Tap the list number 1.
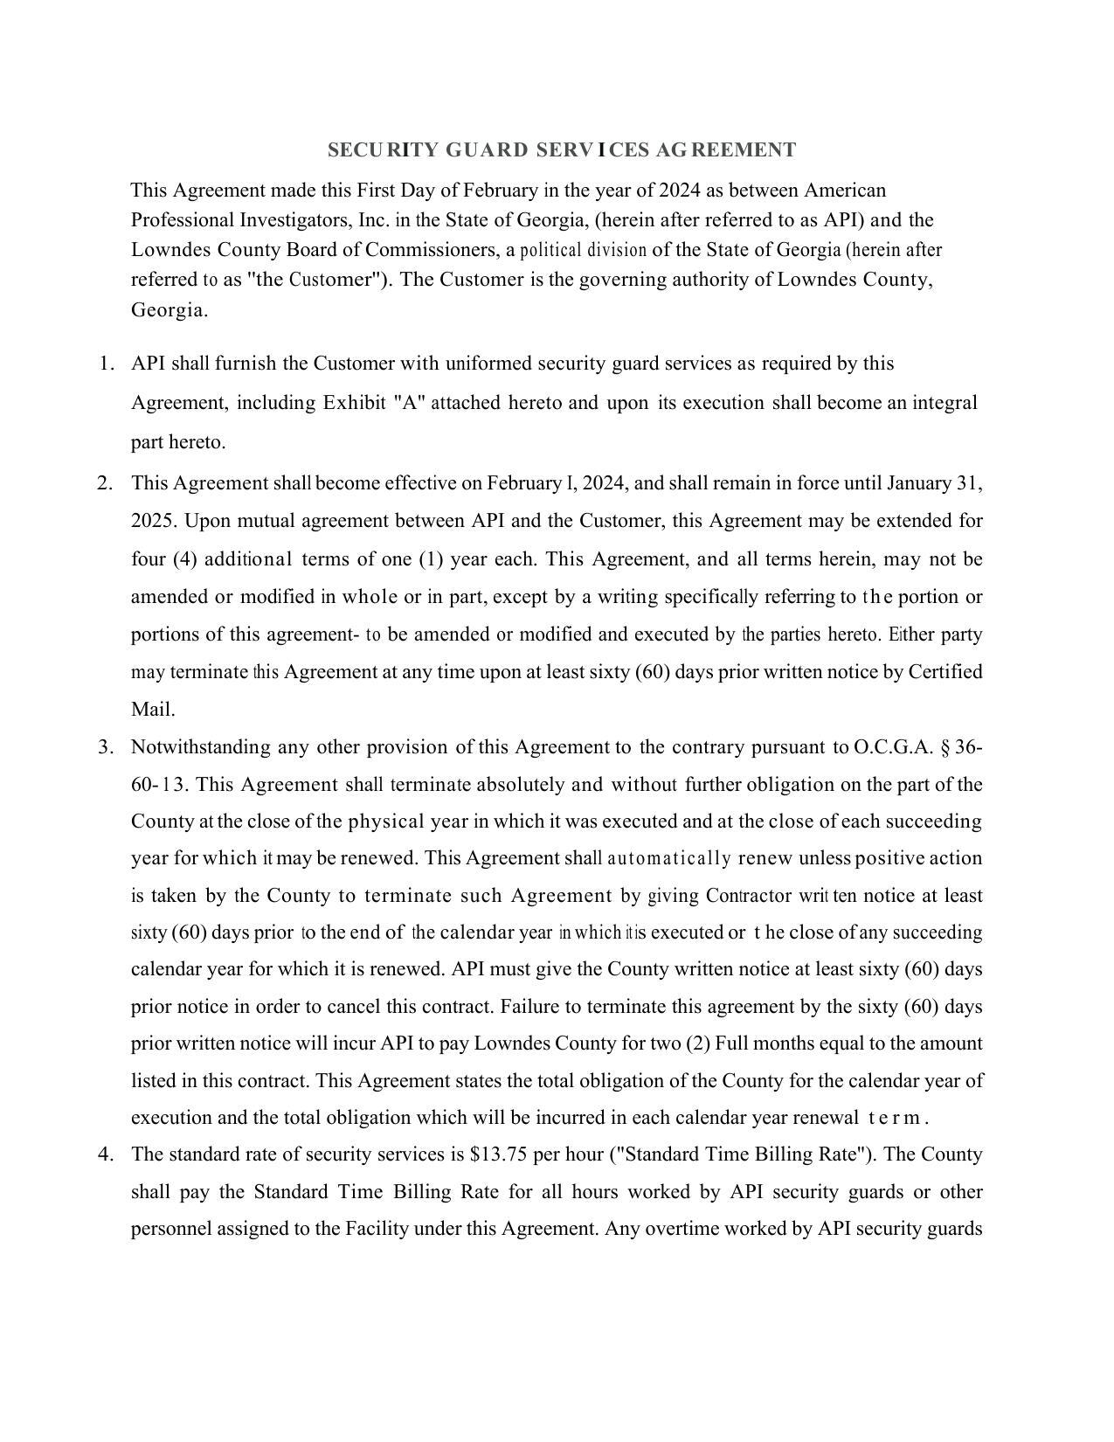[x=106, y=364]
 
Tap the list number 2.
[x=106, y=483]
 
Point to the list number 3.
[x=106, y=747]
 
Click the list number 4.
[x=106, y=1154]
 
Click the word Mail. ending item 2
[x=153, y=710]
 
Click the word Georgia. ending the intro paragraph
[x=170, y=310]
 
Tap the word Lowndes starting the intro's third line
[x=171, y=250]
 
